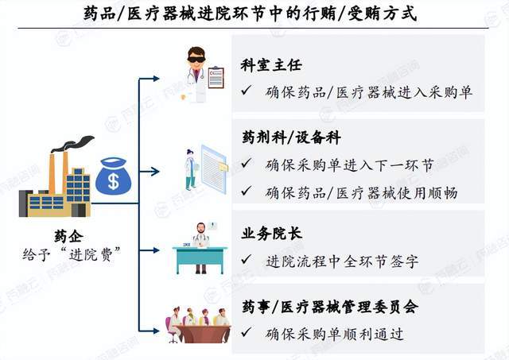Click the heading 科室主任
271,65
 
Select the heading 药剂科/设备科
291,137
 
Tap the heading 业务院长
271,233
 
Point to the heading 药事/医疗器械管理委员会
330,307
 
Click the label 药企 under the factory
69,237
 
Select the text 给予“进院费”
72,254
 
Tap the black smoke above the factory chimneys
73,144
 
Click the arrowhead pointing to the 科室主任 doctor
156,79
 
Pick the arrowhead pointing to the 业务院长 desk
156,250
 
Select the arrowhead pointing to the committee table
156,331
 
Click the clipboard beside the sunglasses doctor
216,78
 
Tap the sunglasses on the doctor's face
196,60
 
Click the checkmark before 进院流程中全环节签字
247,259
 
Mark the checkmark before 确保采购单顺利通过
247,332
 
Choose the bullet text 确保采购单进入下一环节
350,165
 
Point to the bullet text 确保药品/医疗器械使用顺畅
361,193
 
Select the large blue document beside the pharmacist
213,168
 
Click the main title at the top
251,14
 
